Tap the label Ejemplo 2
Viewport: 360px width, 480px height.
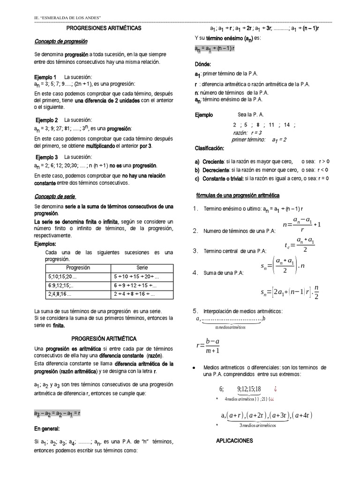(46, 120)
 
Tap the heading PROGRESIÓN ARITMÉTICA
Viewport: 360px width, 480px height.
(104, 338)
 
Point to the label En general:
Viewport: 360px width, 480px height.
(47, 428)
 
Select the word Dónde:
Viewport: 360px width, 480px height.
(203, 64)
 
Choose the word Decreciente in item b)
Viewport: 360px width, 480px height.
(216, 170)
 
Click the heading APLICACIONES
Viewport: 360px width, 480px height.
(234, 441)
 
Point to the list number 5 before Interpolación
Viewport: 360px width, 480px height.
(196, 311)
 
